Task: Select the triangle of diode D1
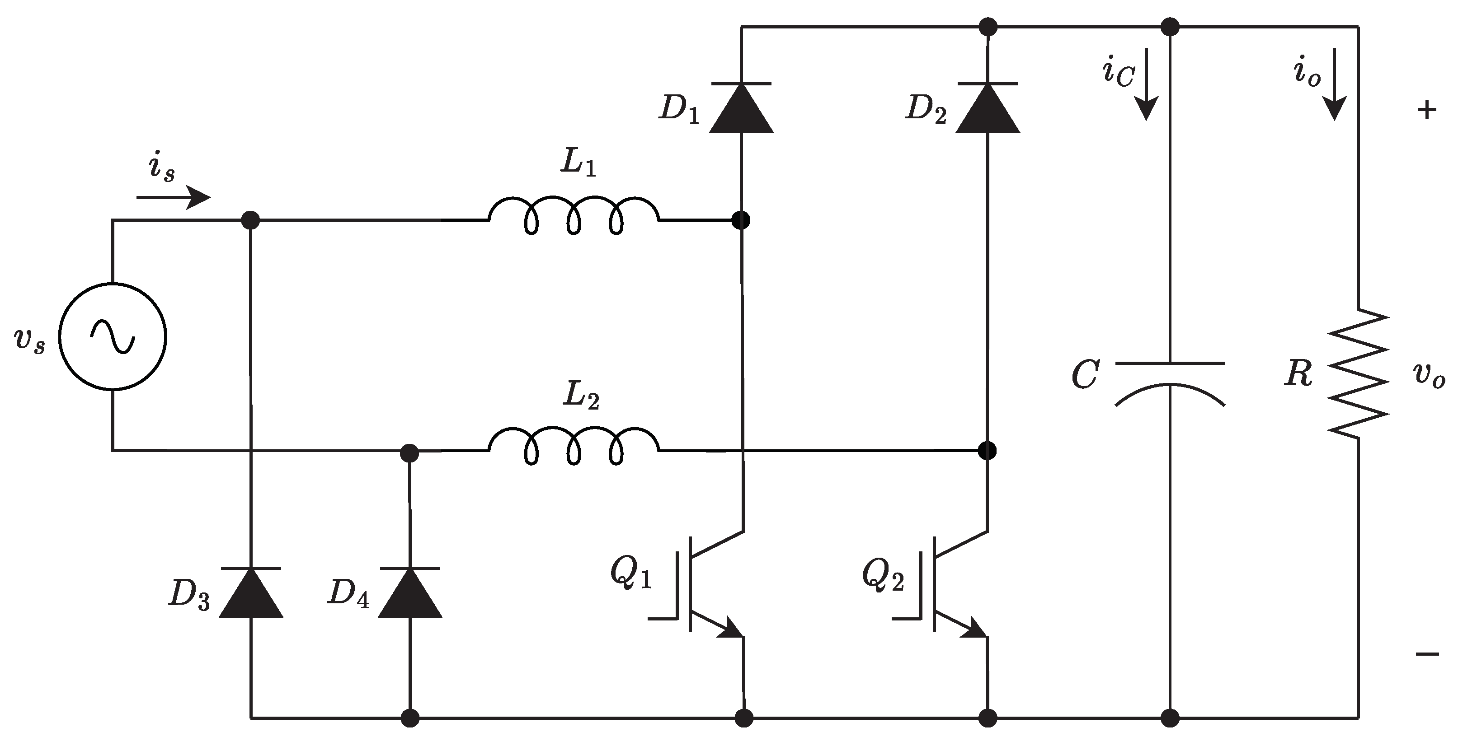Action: [741, 110]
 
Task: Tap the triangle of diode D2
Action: [987, 110]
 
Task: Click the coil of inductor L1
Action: [574, 215]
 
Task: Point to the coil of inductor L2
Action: [574, 446]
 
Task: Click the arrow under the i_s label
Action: [173, 197]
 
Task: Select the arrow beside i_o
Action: [1335, 85]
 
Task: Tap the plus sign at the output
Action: [1426, 110]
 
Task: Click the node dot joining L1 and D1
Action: [741, 220]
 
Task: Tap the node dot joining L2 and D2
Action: [987, 451]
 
